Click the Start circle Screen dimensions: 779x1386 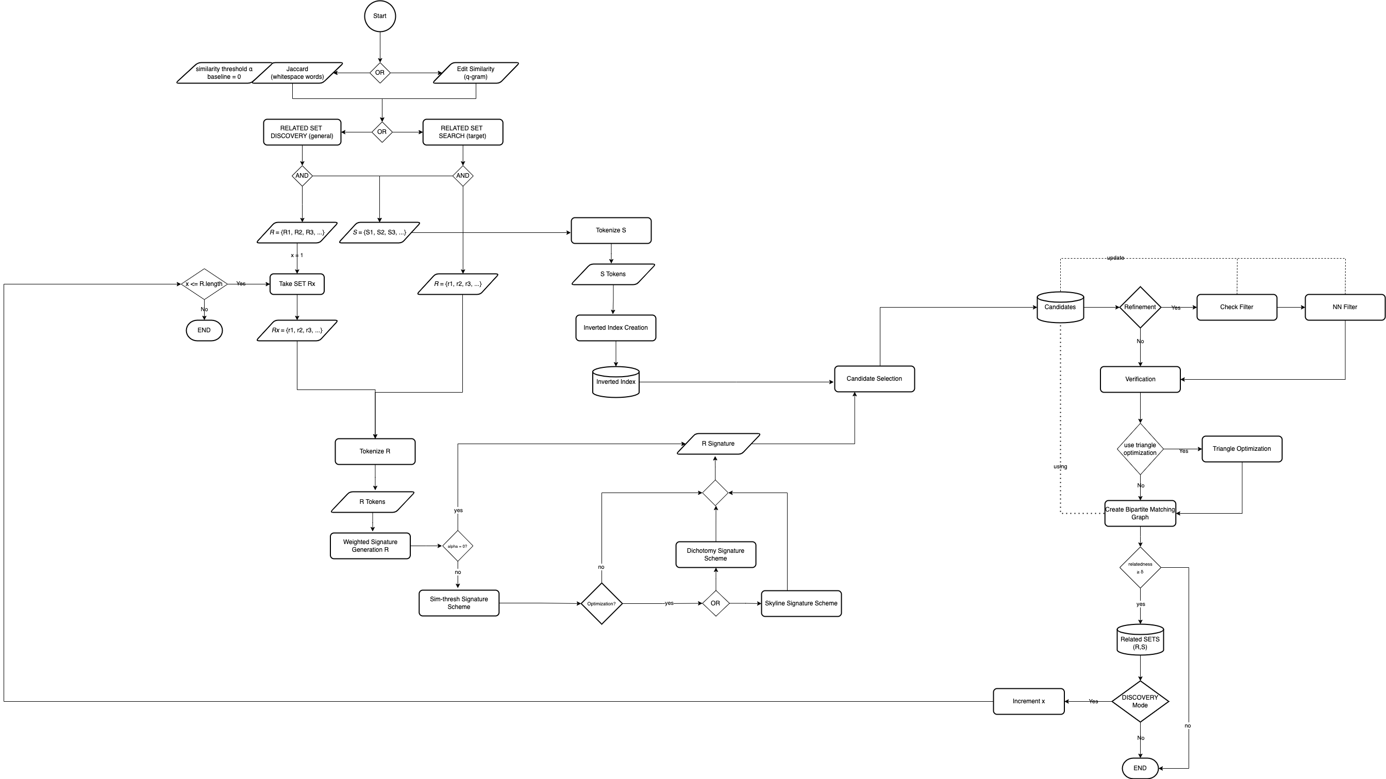(x=380, y=16)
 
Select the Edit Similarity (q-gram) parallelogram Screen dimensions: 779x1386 (x=476, y=73)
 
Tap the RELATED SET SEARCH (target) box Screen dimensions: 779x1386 (x=463, y=132)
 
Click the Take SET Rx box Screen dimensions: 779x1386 (x=297, y=284)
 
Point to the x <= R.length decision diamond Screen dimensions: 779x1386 (x=204, y=284)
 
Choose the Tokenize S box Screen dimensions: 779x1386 (x=611, y=231)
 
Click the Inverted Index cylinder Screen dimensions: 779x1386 (x=615, y=382)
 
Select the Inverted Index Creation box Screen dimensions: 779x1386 (x=615, y=328)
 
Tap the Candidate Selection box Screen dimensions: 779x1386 (x=874, y=379)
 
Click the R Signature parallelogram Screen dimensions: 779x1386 (x=719, y=444)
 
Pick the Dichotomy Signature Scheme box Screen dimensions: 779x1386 (x=715, y=555)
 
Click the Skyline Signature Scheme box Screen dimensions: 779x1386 (x=801, y=604)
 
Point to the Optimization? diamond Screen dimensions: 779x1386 (x=602, y=604)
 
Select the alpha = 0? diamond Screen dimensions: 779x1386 (x=457, y=546)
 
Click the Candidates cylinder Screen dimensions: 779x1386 (x=1060, y=307)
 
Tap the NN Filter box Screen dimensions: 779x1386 (x=1345, y=307)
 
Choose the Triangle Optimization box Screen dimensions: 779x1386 (x=1242, y=449)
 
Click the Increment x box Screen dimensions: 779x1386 (x=1028, y=702)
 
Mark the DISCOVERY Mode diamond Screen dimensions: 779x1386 (x=1140, y=702)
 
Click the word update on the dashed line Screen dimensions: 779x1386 (x=1115, y=258)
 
